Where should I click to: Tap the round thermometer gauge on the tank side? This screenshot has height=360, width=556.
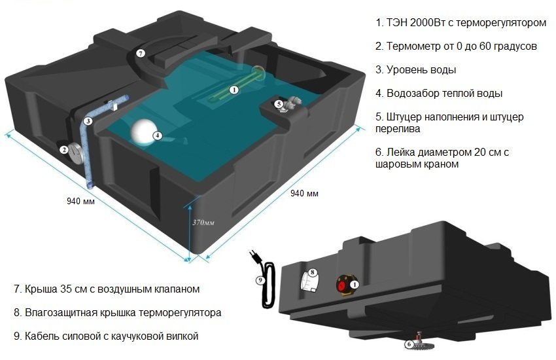pos(74,150)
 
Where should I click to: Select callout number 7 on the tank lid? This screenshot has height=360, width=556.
pos(140,53)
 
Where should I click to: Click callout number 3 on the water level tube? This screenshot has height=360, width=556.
pos(88,121)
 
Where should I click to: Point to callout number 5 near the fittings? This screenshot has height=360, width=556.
pos(278,103)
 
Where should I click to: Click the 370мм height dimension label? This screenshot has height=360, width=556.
pos(201,223)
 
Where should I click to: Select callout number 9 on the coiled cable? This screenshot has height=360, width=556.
pos(259,279)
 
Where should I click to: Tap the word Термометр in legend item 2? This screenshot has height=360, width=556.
pos(415,46)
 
